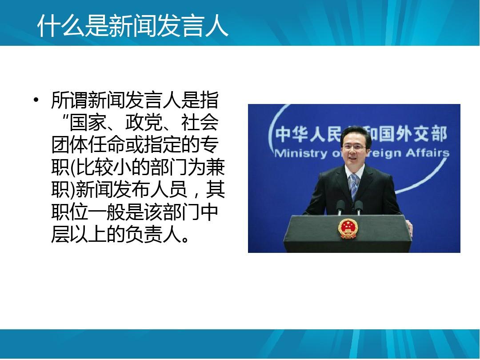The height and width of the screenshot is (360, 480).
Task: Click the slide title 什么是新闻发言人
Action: click(132, 25)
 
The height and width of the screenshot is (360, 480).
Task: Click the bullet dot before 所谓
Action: click(36, 100)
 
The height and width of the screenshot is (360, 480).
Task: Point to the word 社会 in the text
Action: click(200, 123)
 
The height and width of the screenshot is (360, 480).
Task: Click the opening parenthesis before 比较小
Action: click(73, 168)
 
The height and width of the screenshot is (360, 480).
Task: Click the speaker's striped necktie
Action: click(354, 186)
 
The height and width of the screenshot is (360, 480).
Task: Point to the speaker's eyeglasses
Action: click(355, 147)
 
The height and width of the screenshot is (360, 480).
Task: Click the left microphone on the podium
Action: click(340, 207)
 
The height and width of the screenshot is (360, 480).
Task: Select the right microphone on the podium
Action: click(359, 207)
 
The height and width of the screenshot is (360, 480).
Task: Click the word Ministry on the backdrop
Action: click(301, 153)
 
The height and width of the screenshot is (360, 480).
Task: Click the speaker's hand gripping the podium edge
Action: click(409, 228)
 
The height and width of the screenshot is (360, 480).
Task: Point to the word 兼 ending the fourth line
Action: click(216, 168)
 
